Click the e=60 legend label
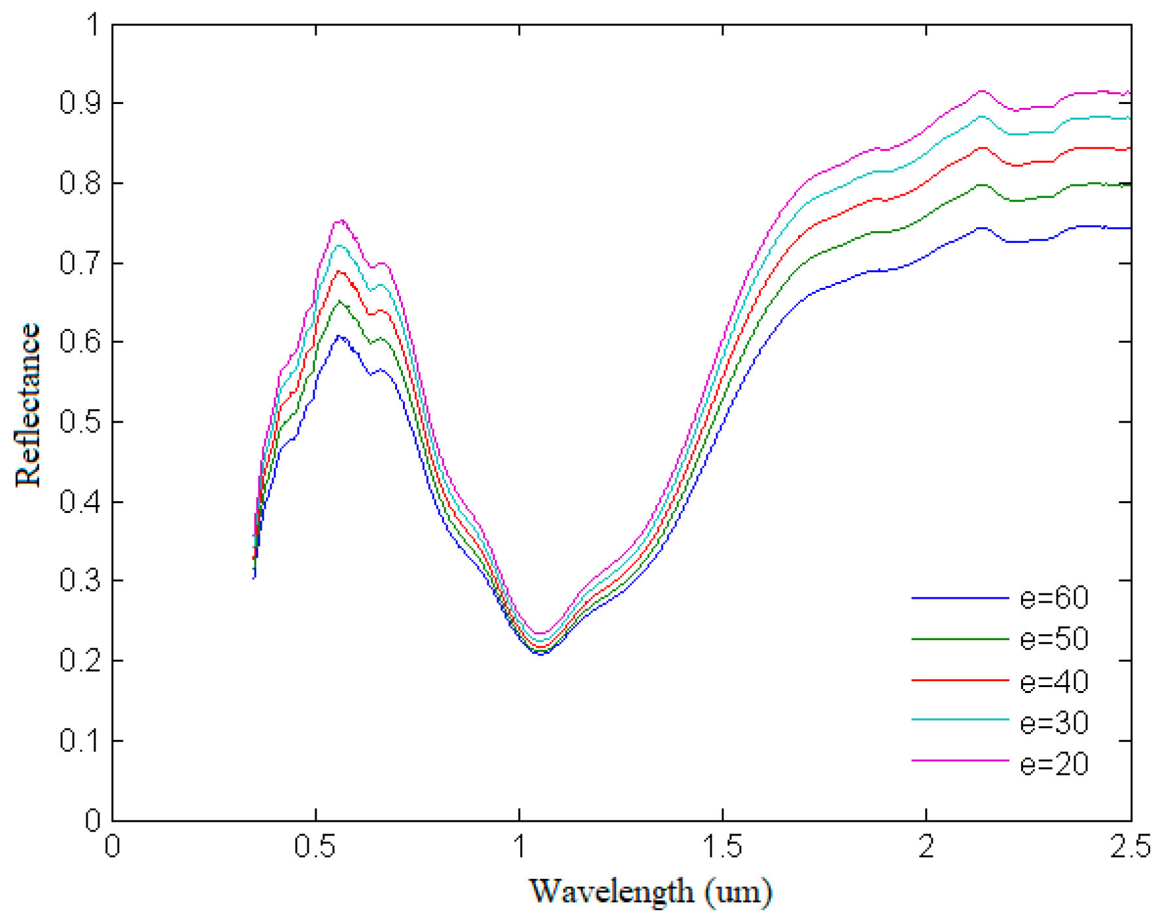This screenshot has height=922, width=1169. pos(1054,598)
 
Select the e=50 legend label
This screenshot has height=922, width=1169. pos(1054,639)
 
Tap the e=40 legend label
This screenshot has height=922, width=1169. pos(1054,681)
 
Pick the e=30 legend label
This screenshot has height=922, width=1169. pos(1054,722)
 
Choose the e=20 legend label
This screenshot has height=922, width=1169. pos(1054,764)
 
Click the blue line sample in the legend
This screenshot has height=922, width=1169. pos(960,598)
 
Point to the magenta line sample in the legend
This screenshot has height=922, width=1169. pos(960,760)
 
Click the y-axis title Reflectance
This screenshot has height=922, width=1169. pos(28,405)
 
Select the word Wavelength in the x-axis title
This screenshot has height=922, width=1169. pos(611,891)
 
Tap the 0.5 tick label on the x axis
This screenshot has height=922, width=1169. pos(315,847)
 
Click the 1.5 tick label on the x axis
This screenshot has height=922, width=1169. pos(722,847)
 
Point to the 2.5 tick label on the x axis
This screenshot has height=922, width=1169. pos(1130,847)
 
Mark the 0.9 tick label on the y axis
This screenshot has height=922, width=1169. pos(80,103)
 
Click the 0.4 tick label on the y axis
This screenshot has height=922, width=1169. pos(80,502)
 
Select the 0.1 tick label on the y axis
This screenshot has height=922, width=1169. pos(80,741)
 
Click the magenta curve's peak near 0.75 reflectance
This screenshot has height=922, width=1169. pos(340,221)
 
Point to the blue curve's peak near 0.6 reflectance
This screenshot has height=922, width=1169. pos(340,336)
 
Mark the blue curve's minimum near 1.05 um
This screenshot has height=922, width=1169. pos(542,653)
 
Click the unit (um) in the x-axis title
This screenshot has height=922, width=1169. pos(739,891)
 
